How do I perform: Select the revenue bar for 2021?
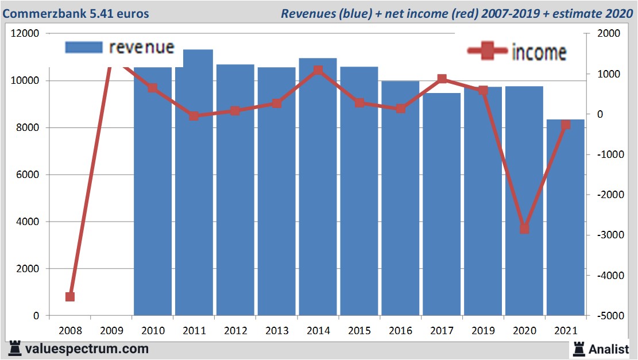566,218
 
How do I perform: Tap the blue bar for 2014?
318,189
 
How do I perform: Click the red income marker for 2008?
70,297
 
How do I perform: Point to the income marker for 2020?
524,229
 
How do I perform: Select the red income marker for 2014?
318,71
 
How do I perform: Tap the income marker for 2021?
566,125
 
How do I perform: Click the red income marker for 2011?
194,116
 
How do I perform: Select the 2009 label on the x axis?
111,331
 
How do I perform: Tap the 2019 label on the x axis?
483,331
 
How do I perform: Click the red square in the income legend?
488,52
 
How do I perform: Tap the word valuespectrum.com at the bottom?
87,349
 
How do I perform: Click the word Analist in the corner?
611,349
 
